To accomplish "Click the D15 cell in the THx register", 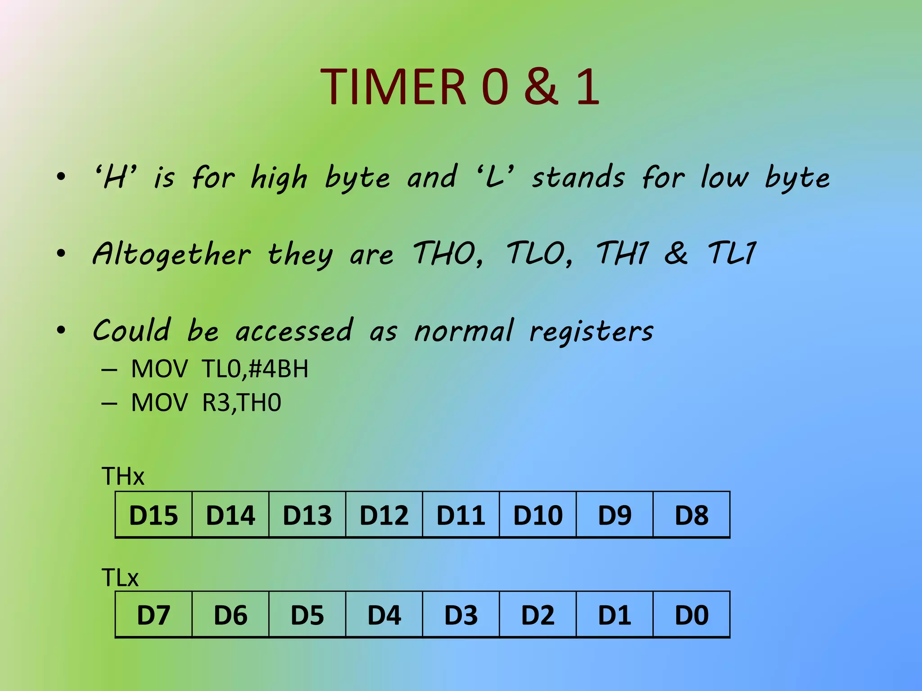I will point(154,515).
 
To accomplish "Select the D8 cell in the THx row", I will point(691,515).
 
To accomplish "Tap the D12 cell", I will point(384,515).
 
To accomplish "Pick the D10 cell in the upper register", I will point(538,515).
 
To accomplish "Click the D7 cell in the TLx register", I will point(154,615).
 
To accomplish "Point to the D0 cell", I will point(691,615).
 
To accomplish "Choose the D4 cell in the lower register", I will point(384,615).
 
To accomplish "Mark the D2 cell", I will point(538,615).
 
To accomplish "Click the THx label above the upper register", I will point(123,476).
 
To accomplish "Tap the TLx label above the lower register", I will point(120,578).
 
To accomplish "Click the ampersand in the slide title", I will point(541,86).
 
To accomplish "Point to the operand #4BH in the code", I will point(278,369).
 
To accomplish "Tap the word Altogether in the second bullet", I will point(172,254).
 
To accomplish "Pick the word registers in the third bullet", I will point(591,332).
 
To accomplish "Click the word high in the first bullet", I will point(279,178).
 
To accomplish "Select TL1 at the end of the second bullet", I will point(732,253).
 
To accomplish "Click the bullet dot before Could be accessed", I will point(61,331).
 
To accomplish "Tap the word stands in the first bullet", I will point(579,177).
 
